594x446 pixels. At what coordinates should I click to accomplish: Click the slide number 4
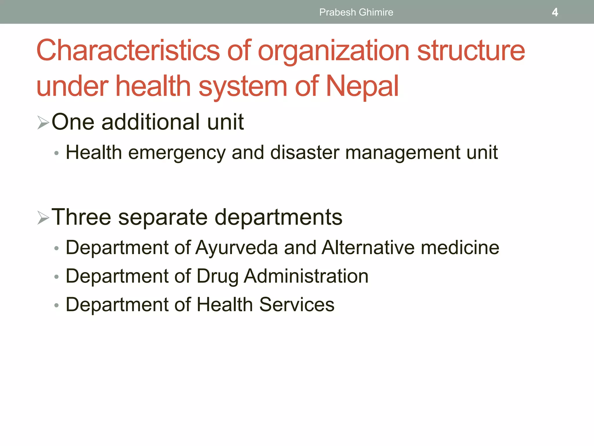(x=555, y=12)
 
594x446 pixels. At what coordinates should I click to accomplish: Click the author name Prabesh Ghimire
(x=356, y=12)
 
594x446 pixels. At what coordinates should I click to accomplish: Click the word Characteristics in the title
(x=128, y=51)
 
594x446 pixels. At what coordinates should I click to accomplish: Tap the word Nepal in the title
(x=362, y=86)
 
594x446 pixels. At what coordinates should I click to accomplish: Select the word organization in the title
(x=334, y=51)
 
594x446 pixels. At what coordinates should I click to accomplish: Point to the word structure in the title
(x=471, y=51)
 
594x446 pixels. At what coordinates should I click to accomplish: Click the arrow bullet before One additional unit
(x=43, y=122)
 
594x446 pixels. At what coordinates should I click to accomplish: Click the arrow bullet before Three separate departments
(x=43, y=218)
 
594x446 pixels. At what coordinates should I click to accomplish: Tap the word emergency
(x=177, y=153)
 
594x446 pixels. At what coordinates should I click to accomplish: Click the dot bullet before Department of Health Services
(x=57, y=305)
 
